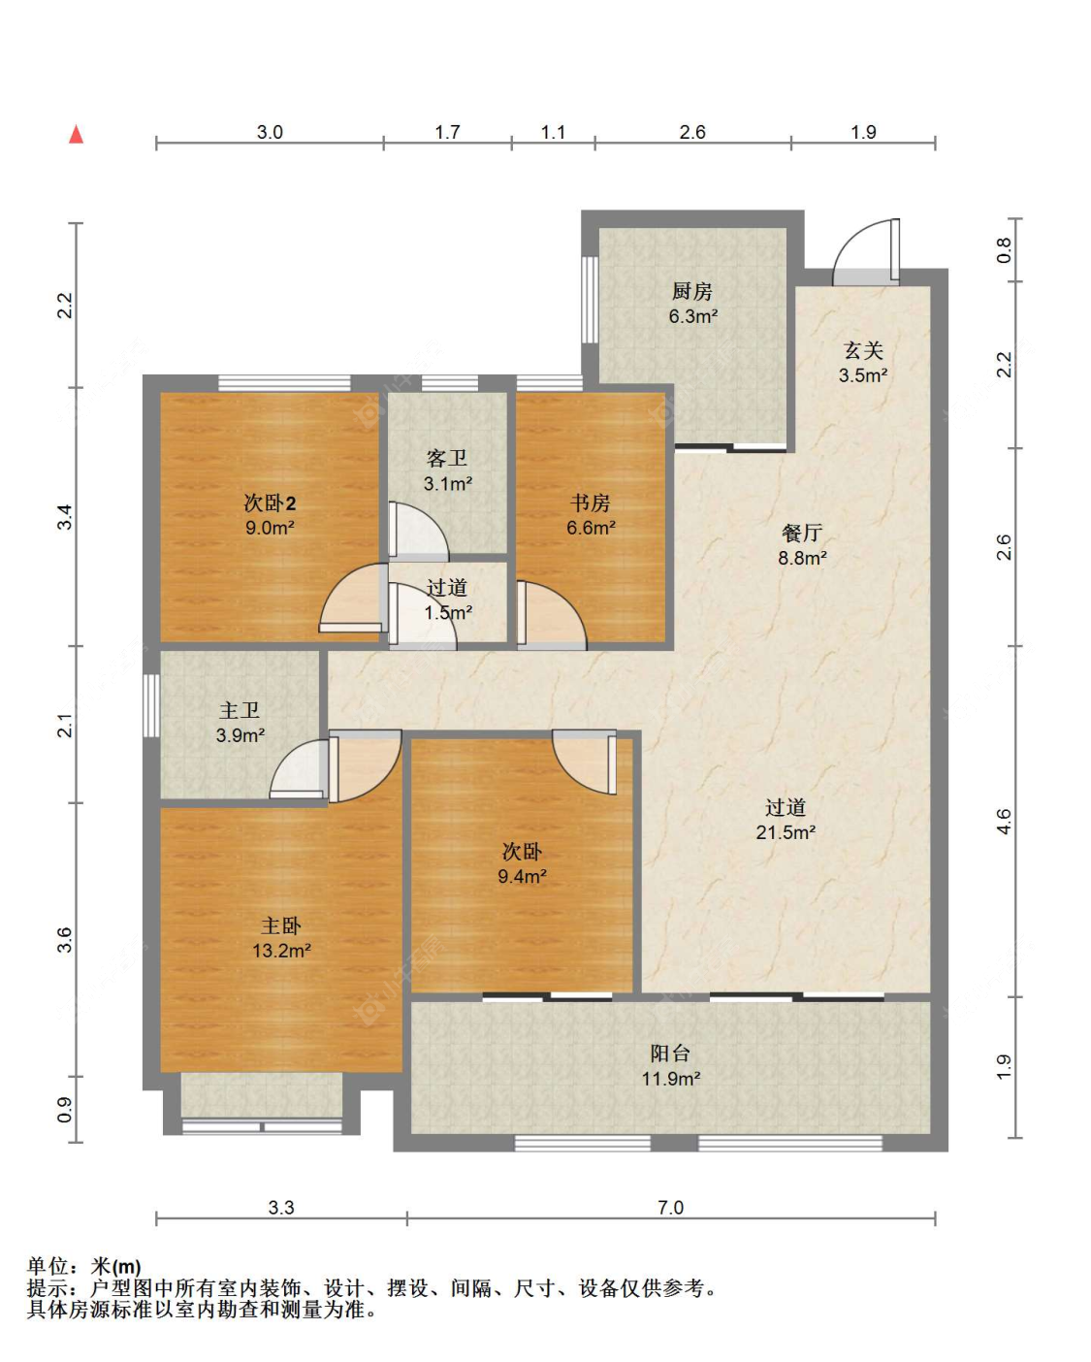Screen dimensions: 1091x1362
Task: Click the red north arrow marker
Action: pyautogui.click(x=76, y=135)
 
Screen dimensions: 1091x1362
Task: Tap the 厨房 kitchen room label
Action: pyautogui.click(x=692, y=292)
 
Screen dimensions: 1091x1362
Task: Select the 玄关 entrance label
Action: pyautogui.click(x=863, y=350)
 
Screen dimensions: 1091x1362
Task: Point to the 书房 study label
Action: pyautogui.click(x=591, y=503)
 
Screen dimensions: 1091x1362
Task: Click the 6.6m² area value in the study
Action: pyautogui.click(x=591, y=528)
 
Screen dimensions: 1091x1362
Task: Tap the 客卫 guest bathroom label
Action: pyautogui.click(x=447, y=459)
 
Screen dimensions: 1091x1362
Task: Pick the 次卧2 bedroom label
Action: pyautogui.click(x=271, y=503)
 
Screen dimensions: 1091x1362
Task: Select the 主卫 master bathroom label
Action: pyautogui.click(x=240, y=711)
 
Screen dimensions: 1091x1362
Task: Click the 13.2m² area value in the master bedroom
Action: pyautogui.click(x=281, y=950)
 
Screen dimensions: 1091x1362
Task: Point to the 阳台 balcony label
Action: pyautogui.click(x=670, y=1054)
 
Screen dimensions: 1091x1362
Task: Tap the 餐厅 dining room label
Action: pyautogui.click(x=802, y=533)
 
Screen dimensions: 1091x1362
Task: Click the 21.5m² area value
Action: pyautogui.click(x=786, y=831)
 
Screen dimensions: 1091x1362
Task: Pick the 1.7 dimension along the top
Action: pyautogui.click(x=447, y=132)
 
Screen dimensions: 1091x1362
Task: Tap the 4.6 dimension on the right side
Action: pyautogui.click(x=1005, y=822)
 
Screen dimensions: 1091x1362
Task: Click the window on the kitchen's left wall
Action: pyautogui.click(x=590, y=300)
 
